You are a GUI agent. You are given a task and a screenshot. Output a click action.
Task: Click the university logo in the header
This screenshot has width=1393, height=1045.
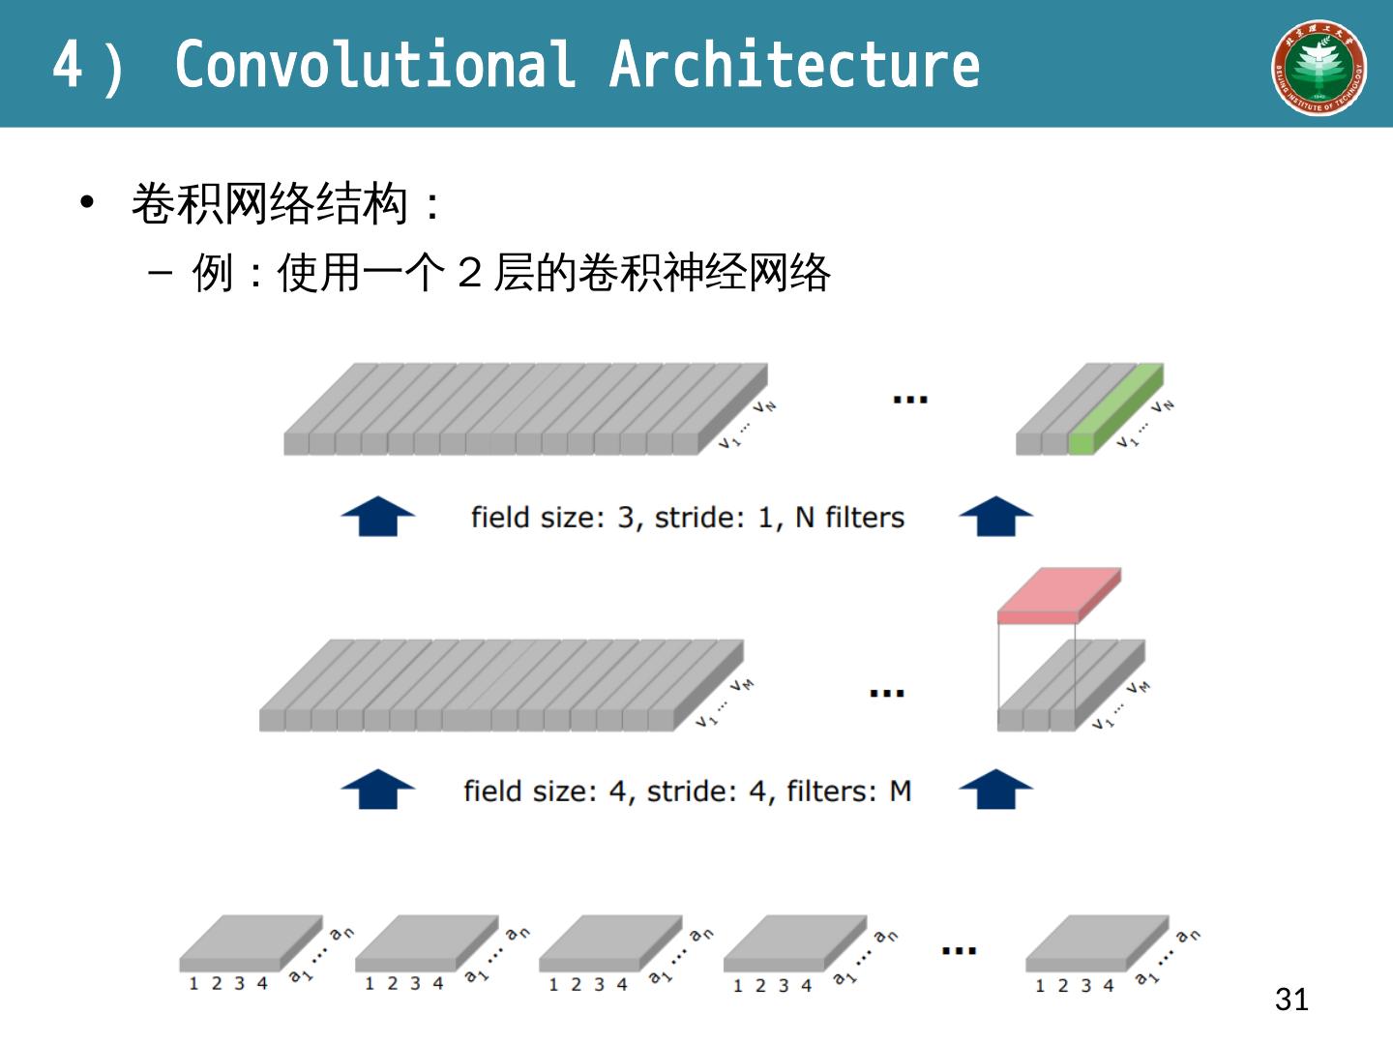1319,67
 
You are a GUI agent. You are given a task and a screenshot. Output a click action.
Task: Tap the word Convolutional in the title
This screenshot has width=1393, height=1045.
374,65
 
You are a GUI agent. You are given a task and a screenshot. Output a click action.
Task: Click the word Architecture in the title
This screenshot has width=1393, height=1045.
794,65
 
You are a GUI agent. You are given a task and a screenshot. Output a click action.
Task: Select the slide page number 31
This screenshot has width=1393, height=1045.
1291,999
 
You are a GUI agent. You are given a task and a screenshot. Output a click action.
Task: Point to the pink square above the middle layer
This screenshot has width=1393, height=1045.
1058,593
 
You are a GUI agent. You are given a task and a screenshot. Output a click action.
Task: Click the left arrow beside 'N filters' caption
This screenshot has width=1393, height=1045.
378,516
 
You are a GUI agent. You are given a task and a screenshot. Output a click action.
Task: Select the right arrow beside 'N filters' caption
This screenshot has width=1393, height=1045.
995,516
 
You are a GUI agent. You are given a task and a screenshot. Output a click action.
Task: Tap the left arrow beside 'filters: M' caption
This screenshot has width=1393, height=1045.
378,790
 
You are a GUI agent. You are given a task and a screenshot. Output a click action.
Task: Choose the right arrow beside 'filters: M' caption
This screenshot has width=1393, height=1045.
995,790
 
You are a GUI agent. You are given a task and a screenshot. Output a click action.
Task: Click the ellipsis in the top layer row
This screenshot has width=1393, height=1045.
909,399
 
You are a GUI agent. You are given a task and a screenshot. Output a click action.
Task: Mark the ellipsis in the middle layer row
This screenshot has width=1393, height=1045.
886,693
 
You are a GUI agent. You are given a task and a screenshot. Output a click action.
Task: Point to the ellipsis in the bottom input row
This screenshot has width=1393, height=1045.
959,951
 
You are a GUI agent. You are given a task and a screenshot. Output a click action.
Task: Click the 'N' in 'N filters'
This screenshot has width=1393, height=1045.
805,518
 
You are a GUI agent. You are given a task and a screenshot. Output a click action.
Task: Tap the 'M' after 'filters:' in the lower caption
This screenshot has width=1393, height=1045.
900,791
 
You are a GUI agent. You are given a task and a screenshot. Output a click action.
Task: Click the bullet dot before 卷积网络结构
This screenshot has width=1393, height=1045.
88,203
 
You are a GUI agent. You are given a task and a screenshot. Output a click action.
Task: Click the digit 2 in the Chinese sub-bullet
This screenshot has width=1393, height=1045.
470,273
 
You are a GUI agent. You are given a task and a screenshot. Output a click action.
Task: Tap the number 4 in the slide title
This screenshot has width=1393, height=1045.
67,65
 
